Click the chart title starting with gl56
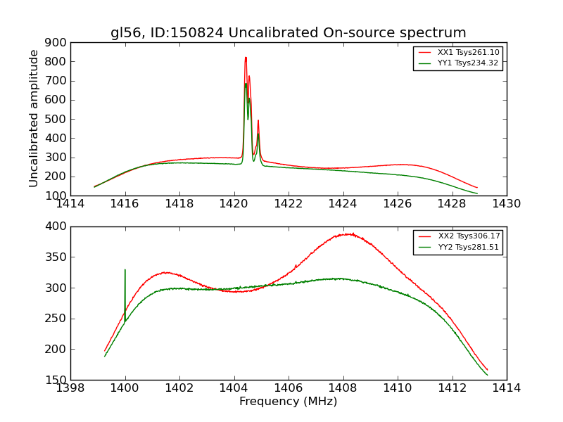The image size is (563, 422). click(288, 32)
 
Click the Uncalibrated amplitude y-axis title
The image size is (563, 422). click(34, 118)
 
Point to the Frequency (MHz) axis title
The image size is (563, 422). click(288, 402)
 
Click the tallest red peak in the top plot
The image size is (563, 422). click(246, 58)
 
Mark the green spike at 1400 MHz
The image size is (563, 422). click(125, 270)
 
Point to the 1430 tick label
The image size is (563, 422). click(506, 204)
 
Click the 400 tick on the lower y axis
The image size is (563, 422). click(58, 226)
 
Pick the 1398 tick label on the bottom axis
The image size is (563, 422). click(70, 388)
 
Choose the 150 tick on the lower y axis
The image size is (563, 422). click(58, 380)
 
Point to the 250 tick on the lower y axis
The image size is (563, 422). click(58, 319)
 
